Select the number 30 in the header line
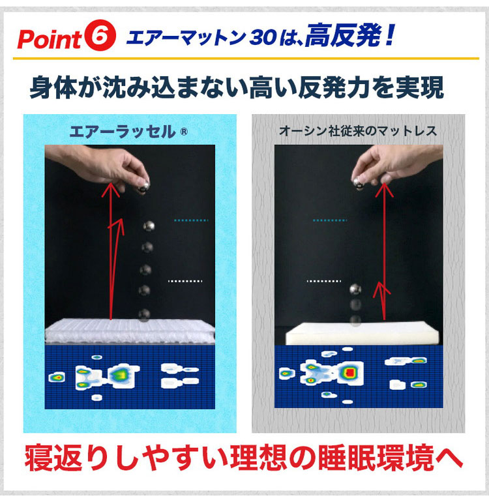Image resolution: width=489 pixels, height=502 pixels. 263,37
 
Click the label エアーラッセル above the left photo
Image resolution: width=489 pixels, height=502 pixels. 123,132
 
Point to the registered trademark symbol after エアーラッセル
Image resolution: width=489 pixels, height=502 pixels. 184,132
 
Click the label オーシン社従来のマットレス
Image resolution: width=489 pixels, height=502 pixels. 358,130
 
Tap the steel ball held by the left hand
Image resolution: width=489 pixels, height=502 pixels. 143,186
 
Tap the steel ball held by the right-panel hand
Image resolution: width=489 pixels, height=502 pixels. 358,183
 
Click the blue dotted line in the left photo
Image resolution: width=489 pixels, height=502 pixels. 191,220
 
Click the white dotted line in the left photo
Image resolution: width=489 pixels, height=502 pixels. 185,281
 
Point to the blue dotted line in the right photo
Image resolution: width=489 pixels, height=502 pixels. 330,220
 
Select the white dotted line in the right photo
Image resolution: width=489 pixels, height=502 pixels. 324,281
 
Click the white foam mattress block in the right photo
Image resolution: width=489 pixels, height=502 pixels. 362,334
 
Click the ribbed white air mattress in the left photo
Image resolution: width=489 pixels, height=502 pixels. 130,331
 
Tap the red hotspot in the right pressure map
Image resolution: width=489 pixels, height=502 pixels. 350,372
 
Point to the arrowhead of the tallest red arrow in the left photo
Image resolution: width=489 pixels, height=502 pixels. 111,189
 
